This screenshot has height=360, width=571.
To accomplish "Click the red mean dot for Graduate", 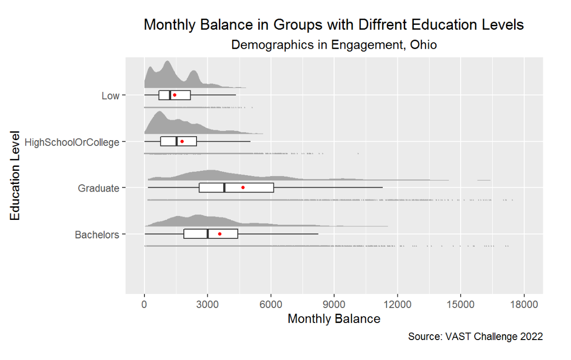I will [243, 187].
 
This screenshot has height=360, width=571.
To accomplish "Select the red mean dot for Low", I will [174, 95].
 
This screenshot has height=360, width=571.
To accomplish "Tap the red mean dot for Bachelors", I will [220, 234].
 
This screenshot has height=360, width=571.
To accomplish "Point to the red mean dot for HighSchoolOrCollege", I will [182, 142].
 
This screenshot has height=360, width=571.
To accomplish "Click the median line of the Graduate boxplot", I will [224, 187].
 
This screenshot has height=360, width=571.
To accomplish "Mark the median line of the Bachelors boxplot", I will [208, 234].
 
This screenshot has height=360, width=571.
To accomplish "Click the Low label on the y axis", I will [110, 96].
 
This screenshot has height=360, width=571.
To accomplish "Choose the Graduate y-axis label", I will [98, 188].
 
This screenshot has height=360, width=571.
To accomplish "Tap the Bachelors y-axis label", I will [97, 235].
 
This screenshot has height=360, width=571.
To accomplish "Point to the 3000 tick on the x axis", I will [208, 305].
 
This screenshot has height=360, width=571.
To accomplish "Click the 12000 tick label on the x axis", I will [397, 305].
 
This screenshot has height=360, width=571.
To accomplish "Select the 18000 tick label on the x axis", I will [524, 305].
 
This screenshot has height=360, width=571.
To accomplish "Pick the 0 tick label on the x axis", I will [144, 305].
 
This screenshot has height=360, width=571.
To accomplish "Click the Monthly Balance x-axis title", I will [334, 319].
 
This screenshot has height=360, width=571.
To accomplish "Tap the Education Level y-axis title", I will [16, 175].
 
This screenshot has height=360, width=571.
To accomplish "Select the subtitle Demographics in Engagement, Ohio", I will [334, 45].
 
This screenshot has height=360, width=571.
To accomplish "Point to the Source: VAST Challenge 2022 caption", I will [475, 337].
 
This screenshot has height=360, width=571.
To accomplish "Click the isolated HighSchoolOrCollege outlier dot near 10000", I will [358, 154].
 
